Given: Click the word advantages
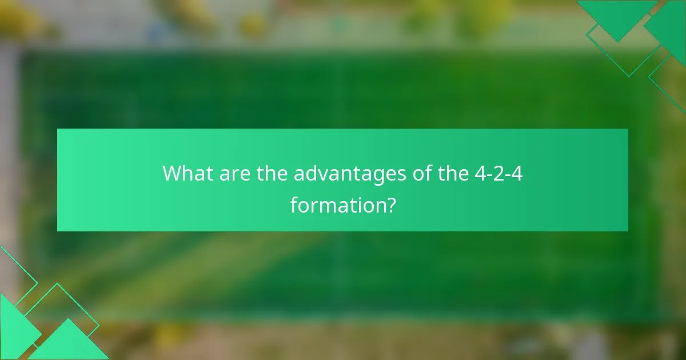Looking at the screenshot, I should click(350, 174).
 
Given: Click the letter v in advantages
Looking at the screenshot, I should click(324, 174).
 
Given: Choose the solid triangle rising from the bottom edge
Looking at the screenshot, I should click(69, 343).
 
